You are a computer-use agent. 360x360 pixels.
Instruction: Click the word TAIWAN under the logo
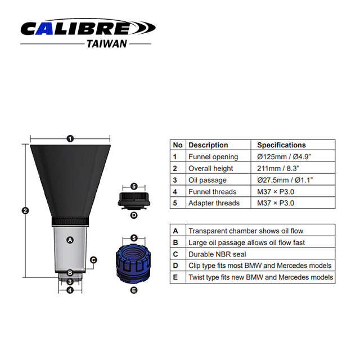pyautogui.click(x=107, y=44)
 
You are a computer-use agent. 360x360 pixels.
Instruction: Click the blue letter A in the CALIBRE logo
pyautogui.click(x=45, y=29)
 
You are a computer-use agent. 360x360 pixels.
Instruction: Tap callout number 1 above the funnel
pyautogui.click(x=70, y=139)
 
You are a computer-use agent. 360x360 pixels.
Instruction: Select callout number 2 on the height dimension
pyautogui.click(x=25, y=210)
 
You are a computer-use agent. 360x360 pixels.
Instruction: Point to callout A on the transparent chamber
pyautogui.click(x=70, y=240)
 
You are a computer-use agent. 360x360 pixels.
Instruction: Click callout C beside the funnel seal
pyautogui.click(x=93, y=260)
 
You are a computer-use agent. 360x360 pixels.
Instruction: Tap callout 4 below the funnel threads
pyautogui.click(x=70, y=290)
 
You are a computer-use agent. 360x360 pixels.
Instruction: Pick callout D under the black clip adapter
pyautogui.click(x=134, y=215)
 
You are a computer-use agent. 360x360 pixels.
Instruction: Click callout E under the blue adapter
pyautogui.click(x=134, y=290)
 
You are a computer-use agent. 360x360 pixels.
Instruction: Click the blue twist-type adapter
pyautogui.click(x=133, y=263)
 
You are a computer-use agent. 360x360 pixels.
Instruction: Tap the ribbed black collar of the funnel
pyautogui.click(x=70, y=221)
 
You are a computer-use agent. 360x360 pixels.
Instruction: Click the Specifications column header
pyautogui.click(x=281, y=145)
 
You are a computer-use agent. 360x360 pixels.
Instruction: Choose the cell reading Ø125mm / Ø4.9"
pyautogui.click(x=284, y=156)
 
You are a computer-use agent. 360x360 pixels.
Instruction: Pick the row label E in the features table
pyautogui.click(x=175, y=277)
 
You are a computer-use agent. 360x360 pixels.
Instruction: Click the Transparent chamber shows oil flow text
pyautogui.click(x=246, y=231)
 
